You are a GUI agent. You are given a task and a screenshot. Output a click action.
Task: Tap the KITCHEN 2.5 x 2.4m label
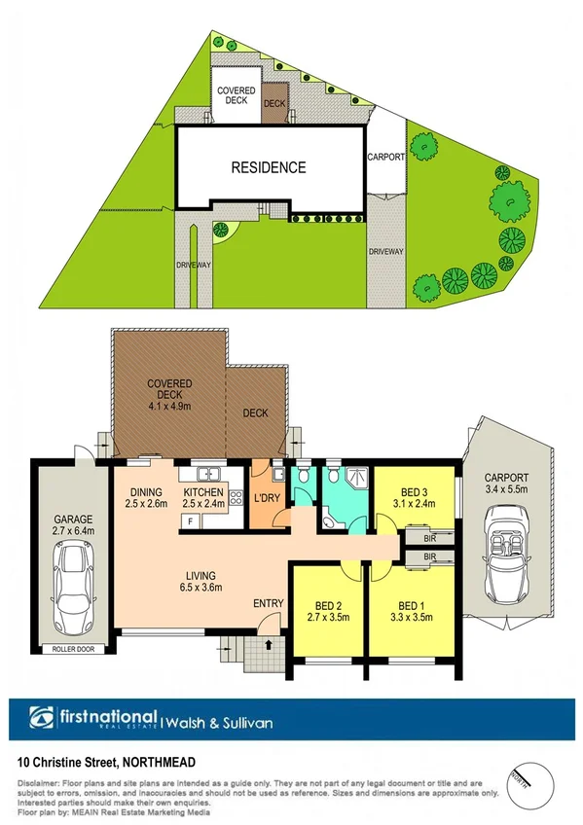click(202, 496)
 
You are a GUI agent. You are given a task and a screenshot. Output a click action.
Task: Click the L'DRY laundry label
click(267, 498)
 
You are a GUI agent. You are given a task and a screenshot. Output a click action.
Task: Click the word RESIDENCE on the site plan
click(269, 167)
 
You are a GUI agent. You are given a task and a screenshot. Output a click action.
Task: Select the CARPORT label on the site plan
click(384, 157)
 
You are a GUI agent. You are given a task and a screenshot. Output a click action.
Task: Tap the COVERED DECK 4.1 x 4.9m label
click(169, 396)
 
